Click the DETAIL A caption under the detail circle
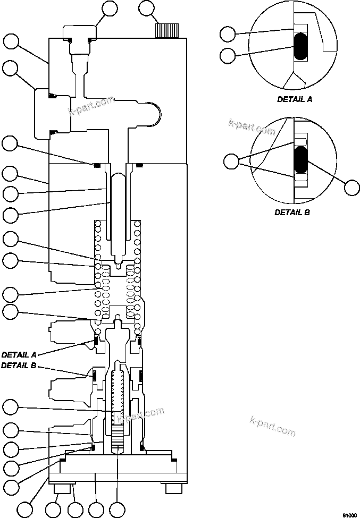tap(295, 99)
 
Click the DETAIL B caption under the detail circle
tap(292, 212)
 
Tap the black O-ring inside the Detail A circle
tap(301, 46)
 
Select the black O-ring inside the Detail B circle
tap(301, 161)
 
